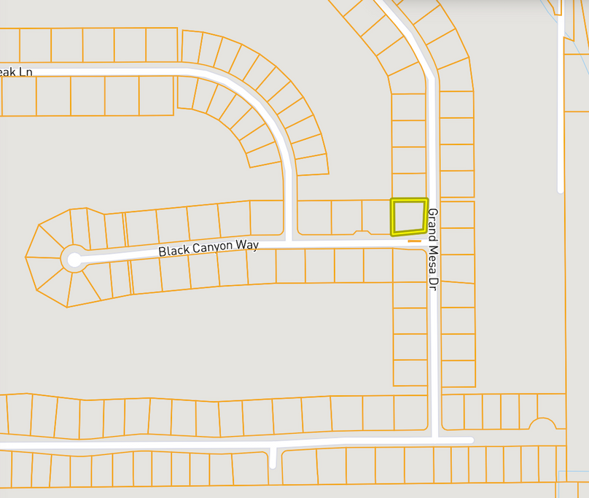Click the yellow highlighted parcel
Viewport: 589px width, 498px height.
[409, 216]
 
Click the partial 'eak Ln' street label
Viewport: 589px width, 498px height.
[16, 72]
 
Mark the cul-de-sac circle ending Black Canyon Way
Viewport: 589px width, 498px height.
[74, 259]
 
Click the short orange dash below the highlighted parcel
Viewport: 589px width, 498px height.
[414, 241]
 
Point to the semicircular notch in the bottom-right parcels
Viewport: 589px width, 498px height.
[542, 424]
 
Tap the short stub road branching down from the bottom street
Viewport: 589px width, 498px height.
[273, 457]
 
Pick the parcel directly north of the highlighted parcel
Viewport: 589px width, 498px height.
[409, 186]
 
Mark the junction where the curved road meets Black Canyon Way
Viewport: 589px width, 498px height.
[289, 241]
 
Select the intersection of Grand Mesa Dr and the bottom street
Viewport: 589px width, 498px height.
[434, 440]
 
